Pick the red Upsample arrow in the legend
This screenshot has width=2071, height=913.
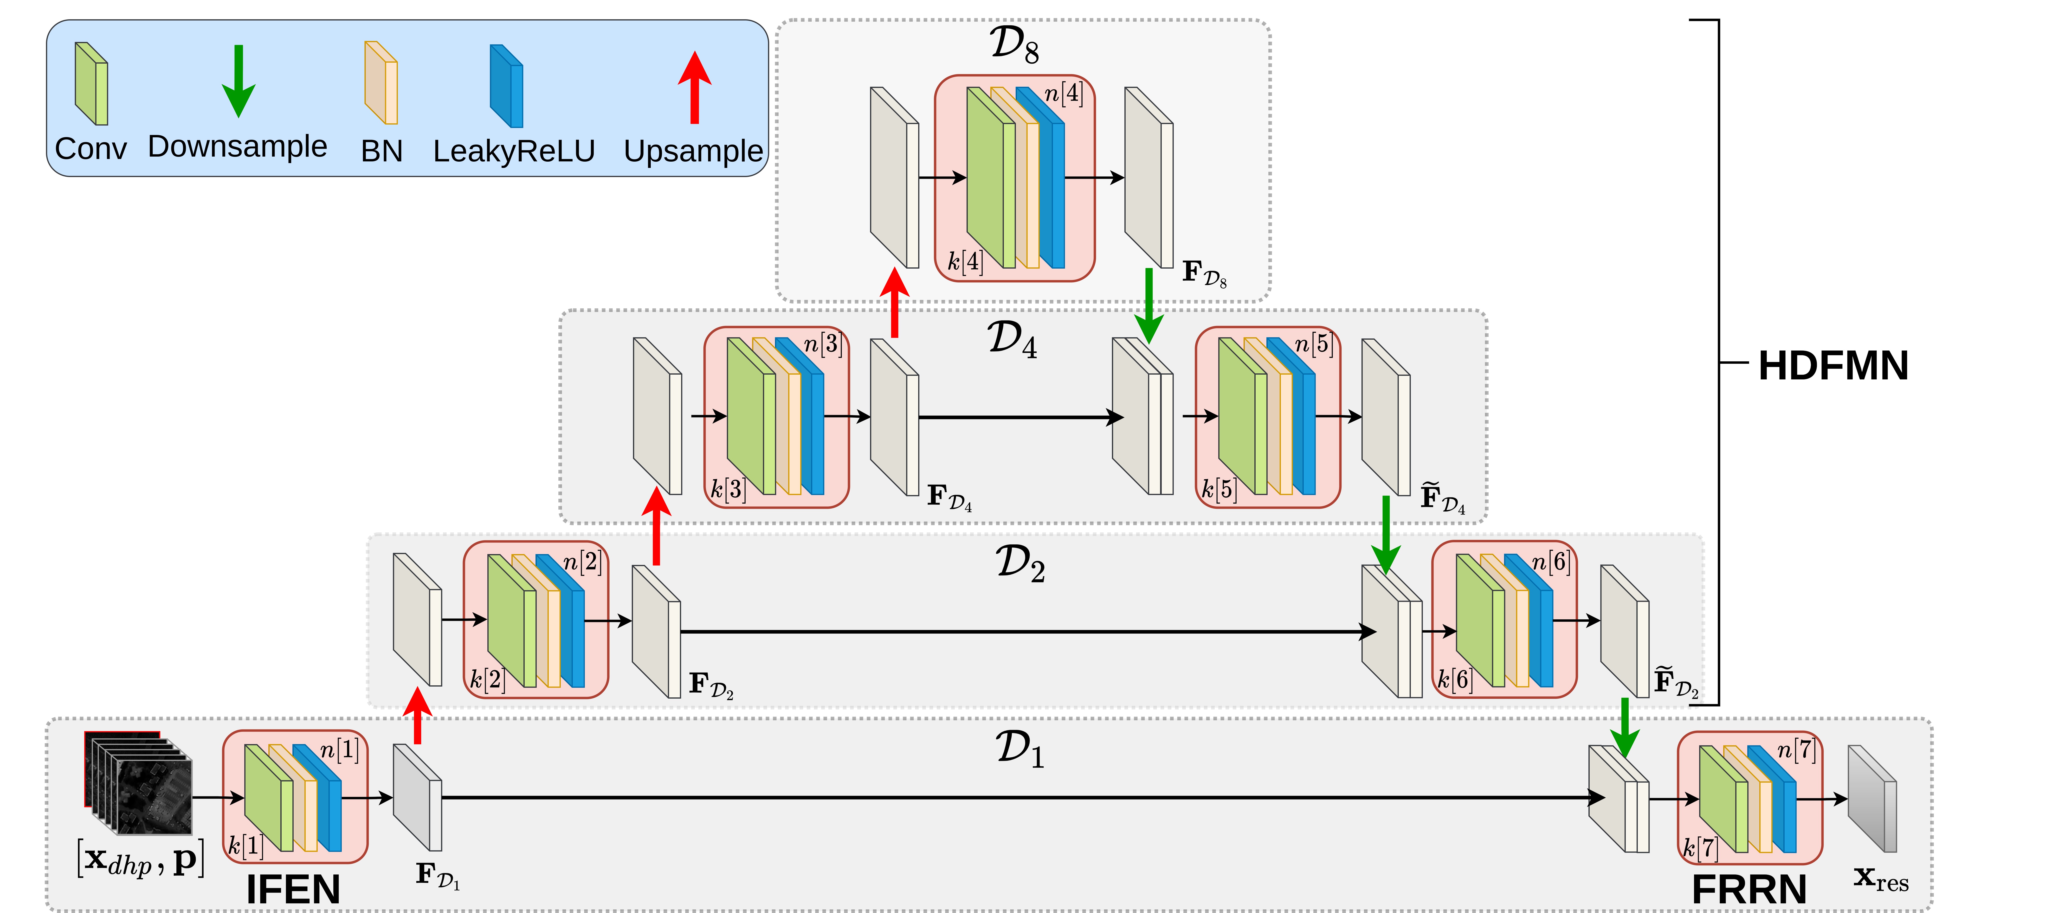coord(694,87)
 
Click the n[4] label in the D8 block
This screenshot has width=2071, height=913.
coord(1064,94)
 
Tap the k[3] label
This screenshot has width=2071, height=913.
coord(728,488)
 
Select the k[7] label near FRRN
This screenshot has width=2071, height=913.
coord(1700,847)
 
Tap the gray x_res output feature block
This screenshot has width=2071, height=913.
coord(1872,799)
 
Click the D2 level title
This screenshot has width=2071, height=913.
coord(1019,563)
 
